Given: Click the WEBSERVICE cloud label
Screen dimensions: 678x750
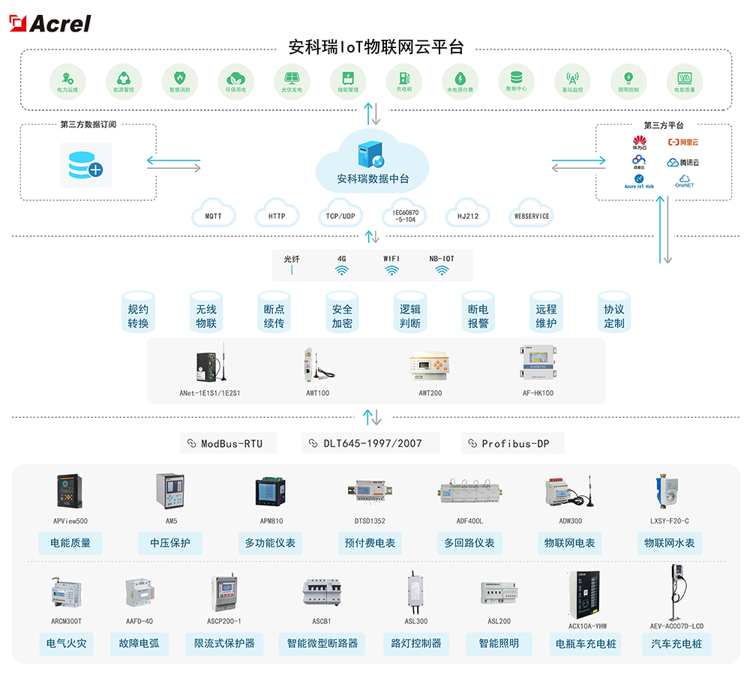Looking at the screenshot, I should [531, 216].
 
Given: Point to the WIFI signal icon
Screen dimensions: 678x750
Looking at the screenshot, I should [391, 271].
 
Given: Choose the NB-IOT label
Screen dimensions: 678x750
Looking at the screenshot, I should [441, 259].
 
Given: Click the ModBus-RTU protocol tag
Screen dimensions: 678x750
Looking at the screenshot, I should [228, 443].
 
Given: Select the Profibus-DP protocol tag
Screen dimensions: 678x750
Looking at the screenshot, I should [513, 443].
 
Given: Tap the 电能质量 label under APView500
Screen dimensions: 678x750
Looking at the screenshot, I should [70, 543].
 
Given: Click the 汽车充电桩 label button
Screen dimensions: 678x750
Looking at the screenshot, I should [676, 643].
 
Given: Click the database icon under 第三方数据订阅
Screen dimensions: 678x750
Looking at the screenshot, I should [85, 164].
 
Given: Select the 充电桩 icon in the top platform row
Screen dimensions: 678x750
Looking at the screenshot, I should [404, 78].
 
